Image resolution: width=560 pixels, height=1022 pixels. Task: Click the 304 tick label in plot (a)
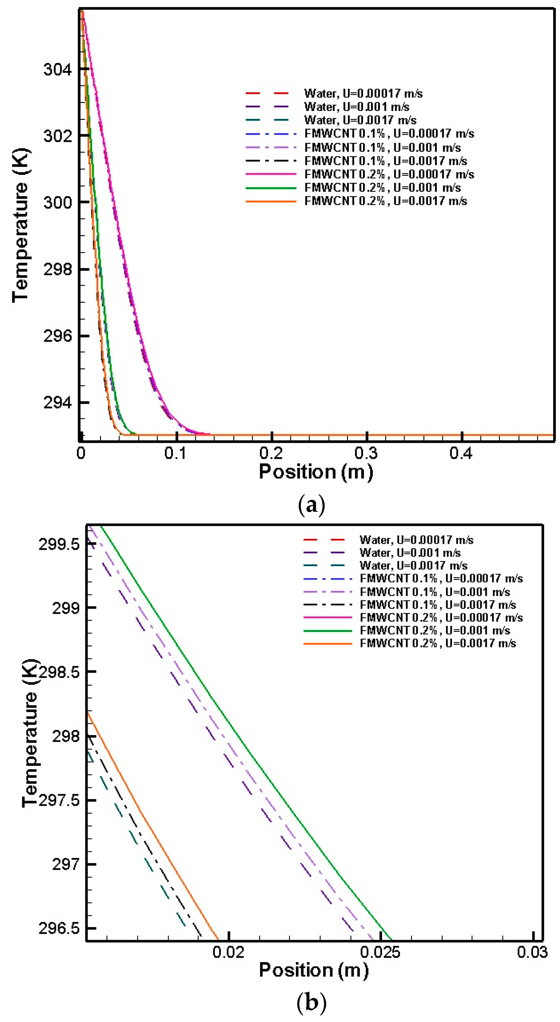tap(57, 69)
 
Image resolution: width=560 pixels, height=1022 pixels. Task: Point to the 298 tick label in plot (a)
tap(57, 270)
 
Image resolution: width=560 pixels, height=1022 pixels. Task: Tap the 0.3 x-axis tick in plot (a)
tap(366, 453)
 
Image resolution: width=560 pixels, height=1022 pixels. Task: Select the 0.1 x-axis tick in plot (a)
tap(176, 453)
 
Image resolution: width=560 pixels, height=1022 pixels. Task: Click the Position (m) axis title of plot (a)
tap(316, 472)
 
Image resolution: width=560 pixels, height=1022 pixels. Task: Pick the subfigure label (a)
tap(311, 505)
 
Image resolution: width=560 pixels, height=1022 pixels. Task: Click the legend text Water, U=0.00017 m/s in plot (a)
tap(363, 94)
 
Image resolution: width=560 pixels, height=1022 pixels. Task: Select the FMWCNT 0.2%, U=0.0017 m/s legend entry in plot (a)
tap(385, 201)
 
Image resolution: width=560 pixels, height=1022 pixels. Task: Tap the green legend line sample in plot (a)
tap(271, 188)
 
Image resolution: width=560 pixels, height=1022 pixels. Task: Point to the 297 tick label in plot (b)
tap(65, 864)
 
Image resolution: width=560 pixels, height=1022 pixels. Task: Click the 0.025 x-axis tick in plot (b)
tap(380, 952)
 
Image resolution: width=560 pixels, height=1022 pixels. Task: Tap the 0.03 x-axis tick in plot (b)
tap(532, 952)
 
